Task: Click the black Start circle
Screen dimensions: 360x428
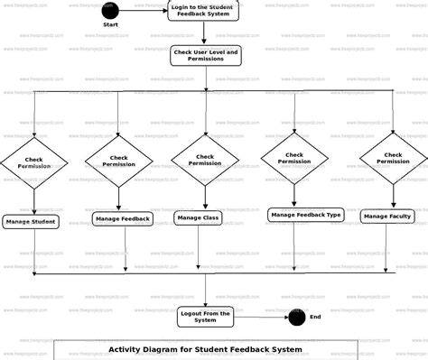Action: [109, 11]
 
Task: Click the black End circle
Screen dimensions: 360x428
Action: [296, 317]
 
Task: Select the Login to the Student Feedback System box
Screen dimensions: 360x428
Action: [205, 12]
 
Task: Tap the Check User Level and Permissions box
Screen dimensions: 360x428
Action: [206, 56]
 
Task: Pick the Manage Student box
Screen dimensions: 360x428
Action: [31, 221]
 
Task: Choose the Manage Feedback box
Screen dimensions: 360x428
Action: [122, 218]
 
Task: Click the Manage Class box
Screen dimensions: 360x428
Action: [199, 217]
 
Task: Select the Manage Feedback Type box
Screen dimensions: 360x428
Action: [306, 215]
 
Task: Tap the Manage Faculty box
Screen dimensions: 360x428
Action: [387, 217]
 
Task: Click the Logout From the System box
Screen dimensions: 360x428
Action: [205, 316]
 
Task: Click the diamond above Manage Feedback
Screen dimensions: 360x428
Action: [119, 162]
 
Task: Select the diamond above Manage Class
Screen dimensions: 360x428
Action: [205, 160]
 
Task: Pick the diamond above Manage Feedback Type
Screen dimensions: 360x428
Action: [294, 158]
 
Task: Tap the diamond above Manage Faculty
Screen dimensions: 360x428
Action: [393, 158]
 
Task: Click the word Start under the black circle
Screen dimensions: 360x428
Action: [110, 24]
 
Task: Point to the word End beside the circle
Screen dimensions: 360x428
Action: [315, 317]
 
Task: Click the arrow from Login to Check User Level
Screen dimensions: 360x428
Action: [205, 34]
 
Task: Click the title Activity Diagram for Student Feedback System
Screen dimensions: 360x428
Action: [205, 349]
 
